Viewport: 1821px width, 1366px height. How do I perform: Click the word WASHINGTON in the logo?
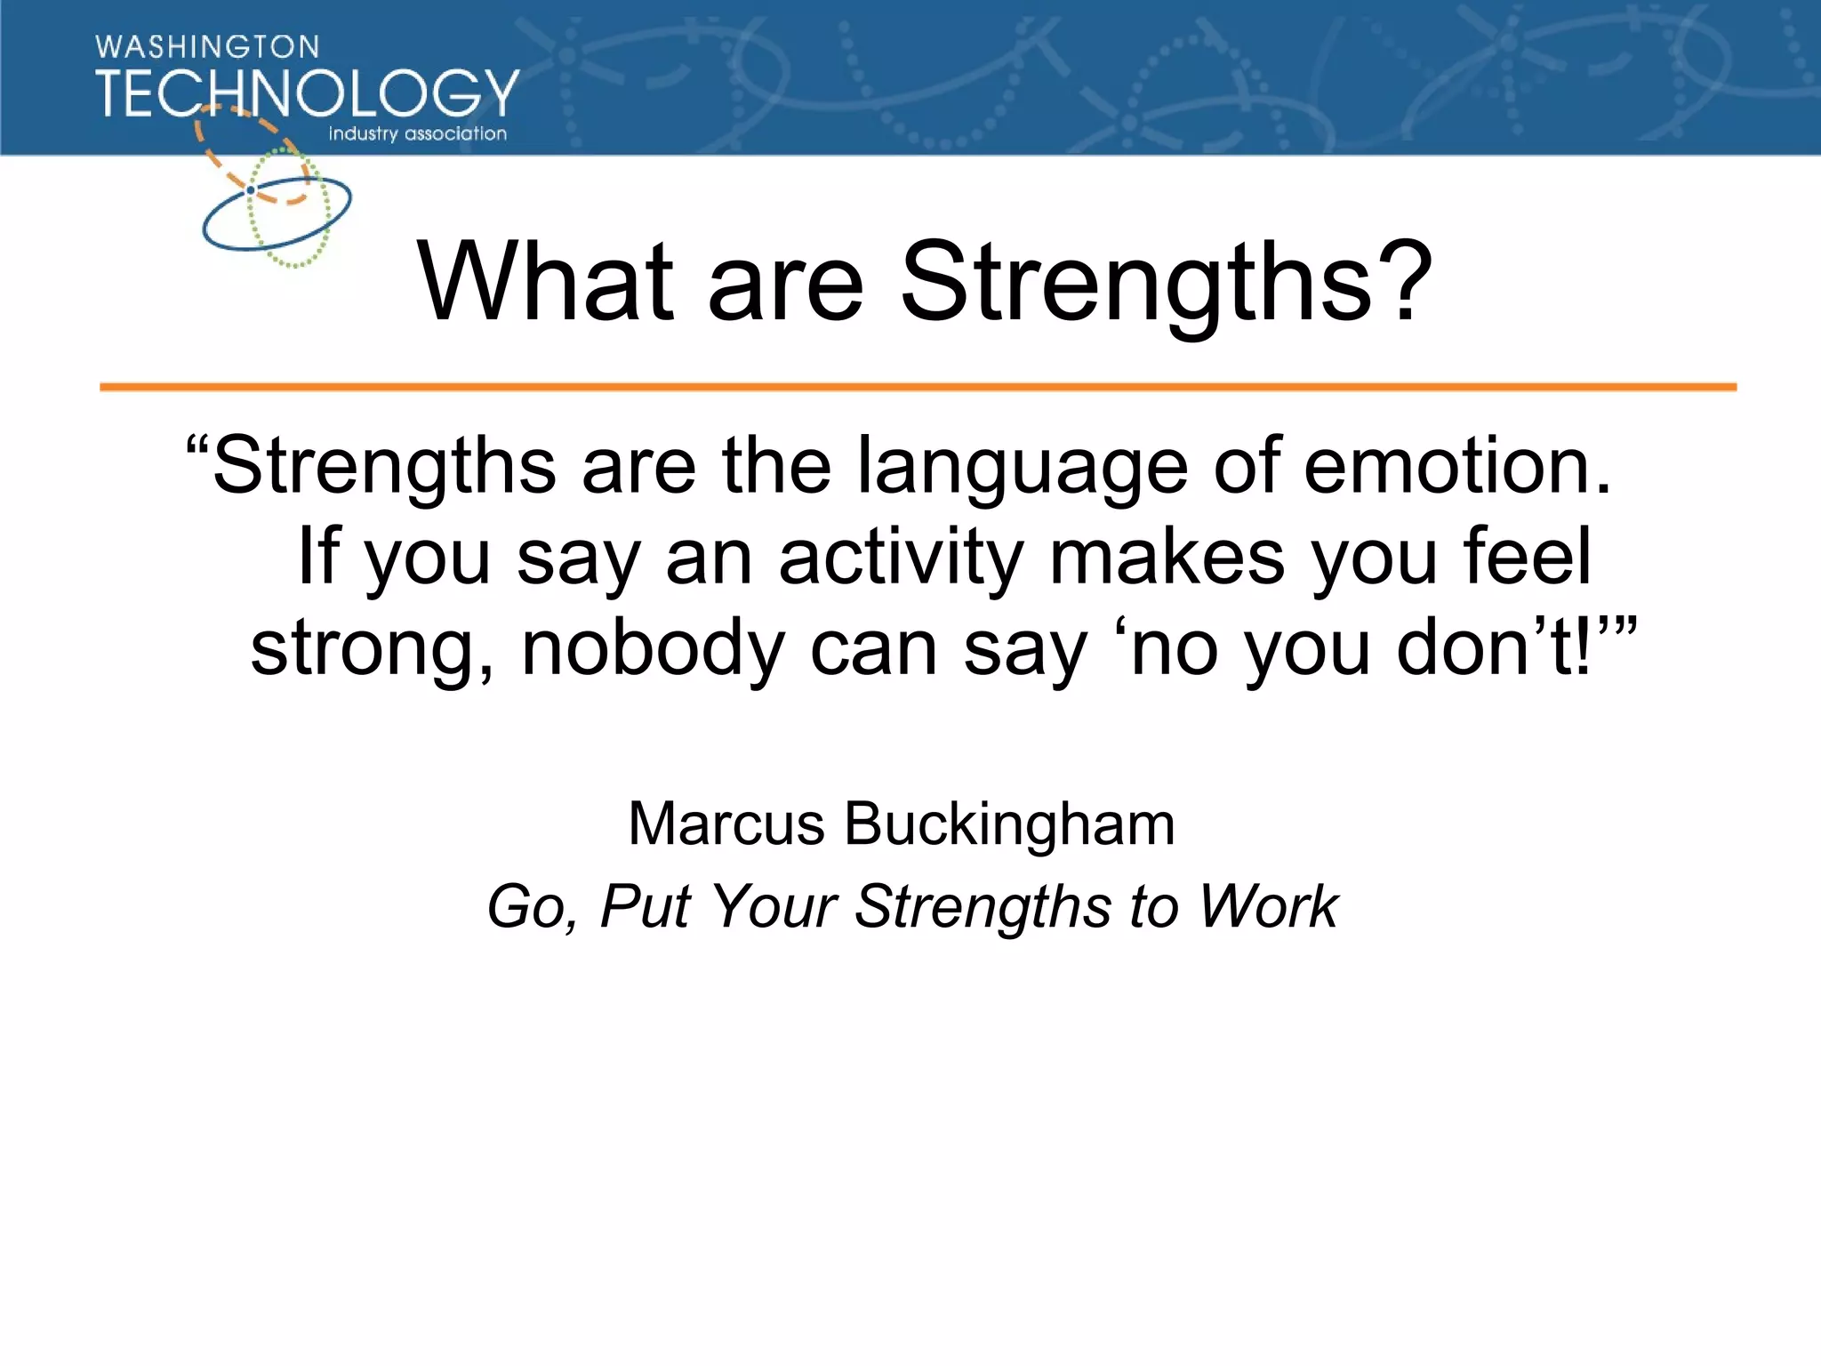pyautogui.click(x=206, y=46)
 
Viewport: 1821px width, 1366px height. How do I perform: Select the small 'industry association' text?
pyautogui.click(x=417, y=134)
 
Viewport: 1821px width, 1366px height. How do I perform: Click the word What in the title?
pyautogui.click(x=545, y=283)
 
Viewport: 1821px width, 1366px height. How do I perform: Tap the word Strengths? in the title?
pyautogui.click(x=1166, y=283)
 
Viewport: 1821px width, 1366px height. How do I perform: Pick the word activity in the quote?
pyautogui.click(x=900, y=558)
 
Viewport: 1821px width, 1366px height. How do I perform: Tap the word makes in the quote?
pyautogui.click(x=1167, y=557)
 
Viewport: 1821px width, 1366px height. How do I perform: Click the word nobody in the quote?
pyautogui.click(x=652, y=649)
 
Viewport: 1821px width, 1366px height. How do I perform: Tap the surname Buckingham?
pyautogui.click(x=1009, y=825)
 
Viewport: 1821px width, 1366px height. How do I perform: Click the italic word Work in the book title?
pyautogui.click(x=1268, y=907)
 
